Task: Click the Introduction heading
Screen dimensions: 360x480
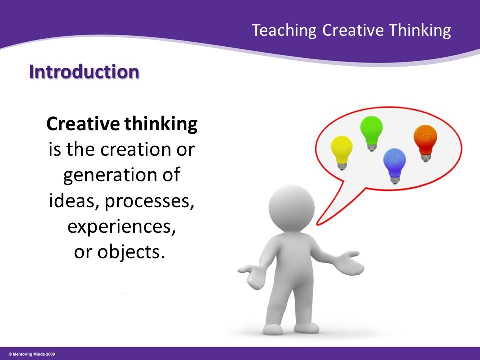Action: point(84,72)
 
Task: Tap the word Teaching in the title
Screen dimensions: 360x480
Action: point(284,30)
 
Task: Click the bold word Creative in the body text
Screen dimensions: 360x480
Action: point(78,124)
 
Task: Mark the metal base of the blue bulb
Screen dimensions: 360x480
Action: point(395,179)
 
